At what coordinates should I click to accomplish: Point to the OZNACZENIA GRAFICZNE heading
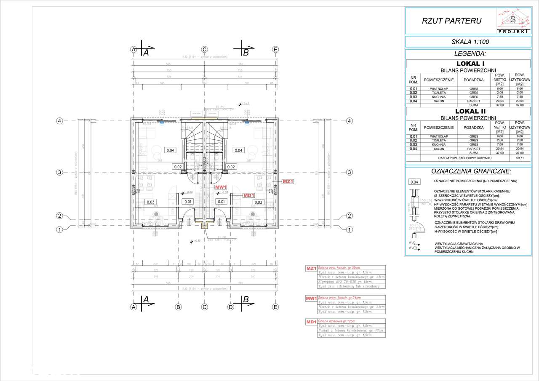[470, 171]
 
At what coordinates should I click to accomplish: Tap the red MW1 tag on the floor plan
[221, 187]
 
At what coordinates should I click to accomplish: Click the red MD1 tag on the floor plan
[249, 195]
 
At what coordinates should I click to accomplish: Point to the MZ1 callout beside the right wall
[287, 181]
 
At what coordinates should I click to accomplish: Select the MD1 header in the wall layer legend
[311, 322]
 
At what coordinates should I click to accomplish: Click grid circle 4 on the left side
[60, 121]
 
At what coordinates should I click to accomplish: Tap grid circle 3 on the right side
[349, 172]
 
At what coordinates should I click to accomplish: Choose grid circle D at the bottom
[230, 307]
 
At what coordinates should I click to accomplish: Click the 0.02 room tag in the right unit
[231, 167]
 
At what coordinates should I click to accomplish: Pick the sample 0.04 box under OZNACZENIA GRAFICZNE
[414, 183]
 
